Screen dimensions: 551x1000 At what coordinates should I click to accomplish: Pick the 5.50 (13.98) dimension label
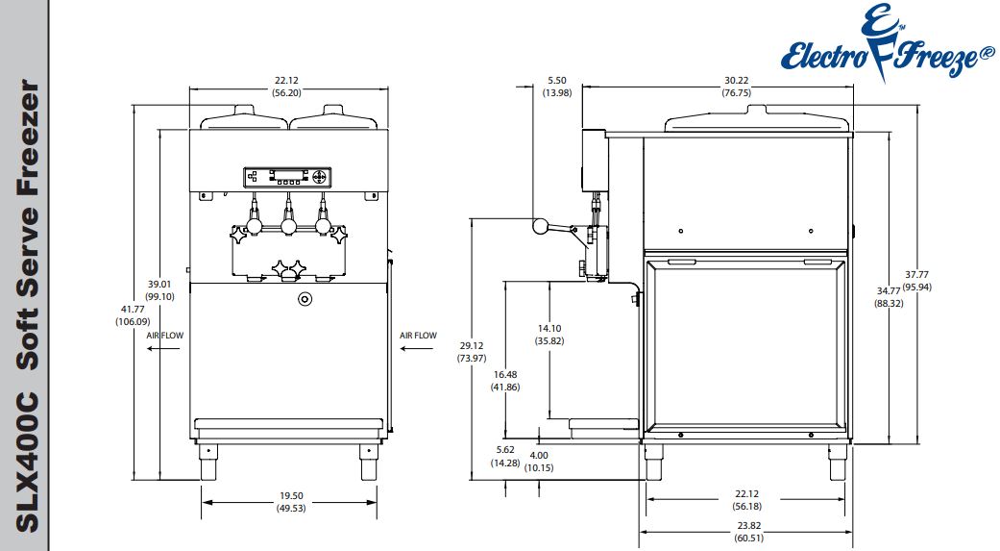pos(556,87)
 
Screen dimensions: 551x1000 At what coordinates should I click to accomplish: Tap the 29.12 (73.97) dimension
pos(472,351)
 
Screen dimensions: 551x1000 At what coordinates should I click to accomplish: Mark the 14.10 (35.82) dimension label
pos(549,334)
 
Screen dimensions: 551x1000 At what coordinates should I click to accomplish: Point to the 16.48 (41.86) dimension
pos(504,380)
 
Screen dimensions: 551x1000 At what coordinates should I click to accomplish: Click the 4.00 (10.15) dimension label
pos(538,462)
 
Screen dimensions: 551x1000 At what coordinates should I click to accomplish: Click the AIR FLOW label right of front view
pos(418,336)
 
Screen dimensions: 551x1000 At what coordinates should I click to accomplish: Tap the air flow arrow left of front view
pos(164,350)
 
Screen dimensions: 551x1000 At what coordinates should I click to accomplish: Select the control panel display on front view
pos(287,176)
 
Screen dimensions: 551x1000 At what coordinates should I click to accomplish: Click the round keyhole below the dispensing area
pos(305,298)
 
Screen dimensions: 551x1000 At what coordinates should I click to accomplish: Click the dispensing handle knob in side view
pos(540,227)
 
